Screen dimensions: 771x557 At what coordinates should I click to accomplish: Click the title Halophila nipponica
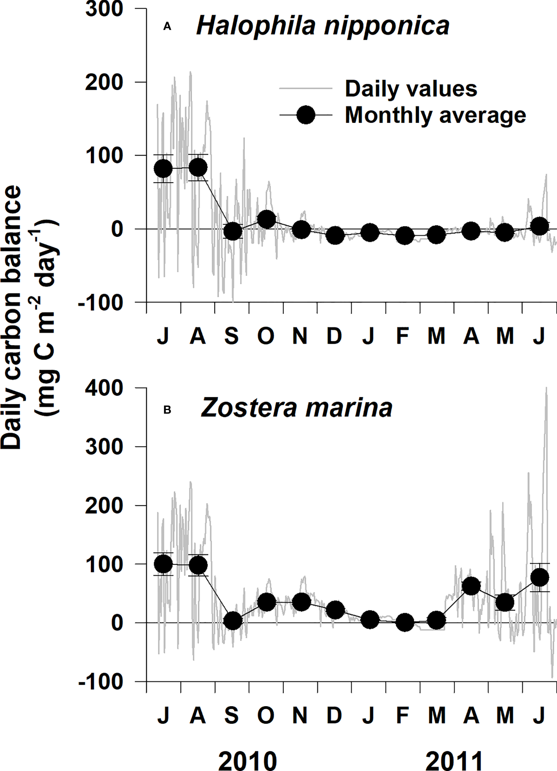(322, 26)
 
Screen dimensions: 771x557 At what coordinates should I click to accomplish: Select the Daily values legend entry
(411, 89)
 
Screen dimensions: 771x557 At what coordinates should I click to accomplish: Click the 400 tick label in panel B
(104, 388)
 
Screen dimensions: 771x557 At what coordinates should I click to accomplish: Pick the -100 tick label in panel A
(100, 302)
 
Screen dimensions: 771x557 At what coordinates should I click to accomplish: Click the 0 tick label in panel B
(117, 623)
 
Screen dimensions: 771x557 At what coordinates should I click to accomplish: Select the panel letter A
(167, 27)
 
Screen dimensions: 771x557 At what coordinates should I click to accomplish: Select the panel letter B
(167, 410)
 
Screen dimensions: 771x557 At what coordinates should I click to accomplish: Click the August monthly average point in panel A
(198, 167)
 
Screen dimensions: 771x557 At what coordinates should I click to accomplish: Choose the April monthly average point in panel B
(471, 586)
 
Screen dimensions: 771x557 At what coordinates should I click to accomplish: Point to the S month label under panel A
(232, 336)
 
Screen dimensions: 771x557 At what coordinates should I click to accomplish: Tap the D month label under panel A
(334, 336)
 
